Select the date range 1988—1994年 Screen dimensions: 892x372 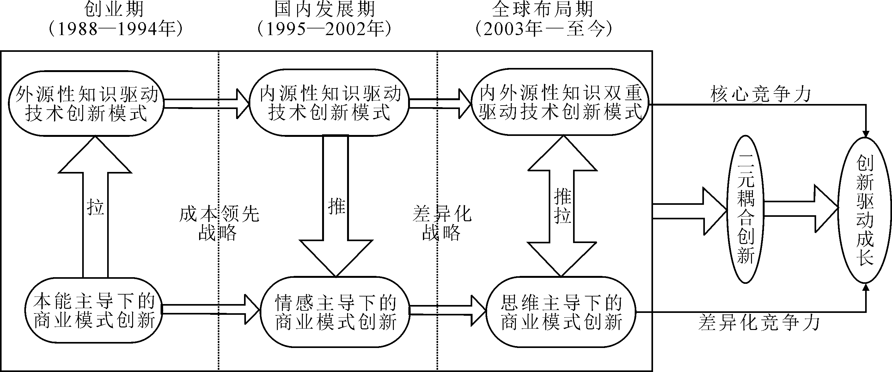click(115, 29)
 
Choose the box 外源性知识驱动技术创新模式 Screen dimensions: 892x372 click(86, 104)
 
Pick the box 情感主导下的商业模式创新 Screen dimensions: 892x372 click(335, 312)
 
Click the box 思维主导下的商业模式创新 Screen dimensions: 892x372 click(561, 312)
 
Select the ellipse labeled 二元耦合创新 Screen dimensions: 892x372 click(745, 209)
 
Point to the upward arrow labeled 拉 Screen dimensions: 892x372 click(95, 207)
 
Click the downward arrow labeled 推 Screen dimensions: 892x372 click(336, 206)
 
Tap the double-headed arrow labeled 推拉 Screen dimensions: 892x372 click(562, 206)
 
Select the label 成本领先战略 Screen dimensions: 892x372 click(219, 224)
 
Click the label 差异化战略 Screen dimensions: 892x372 click(442, 224)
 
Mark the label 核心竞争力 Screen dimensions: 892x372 click(761, 94)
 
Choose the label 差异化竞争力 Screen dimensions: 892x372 click(759, 323)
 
